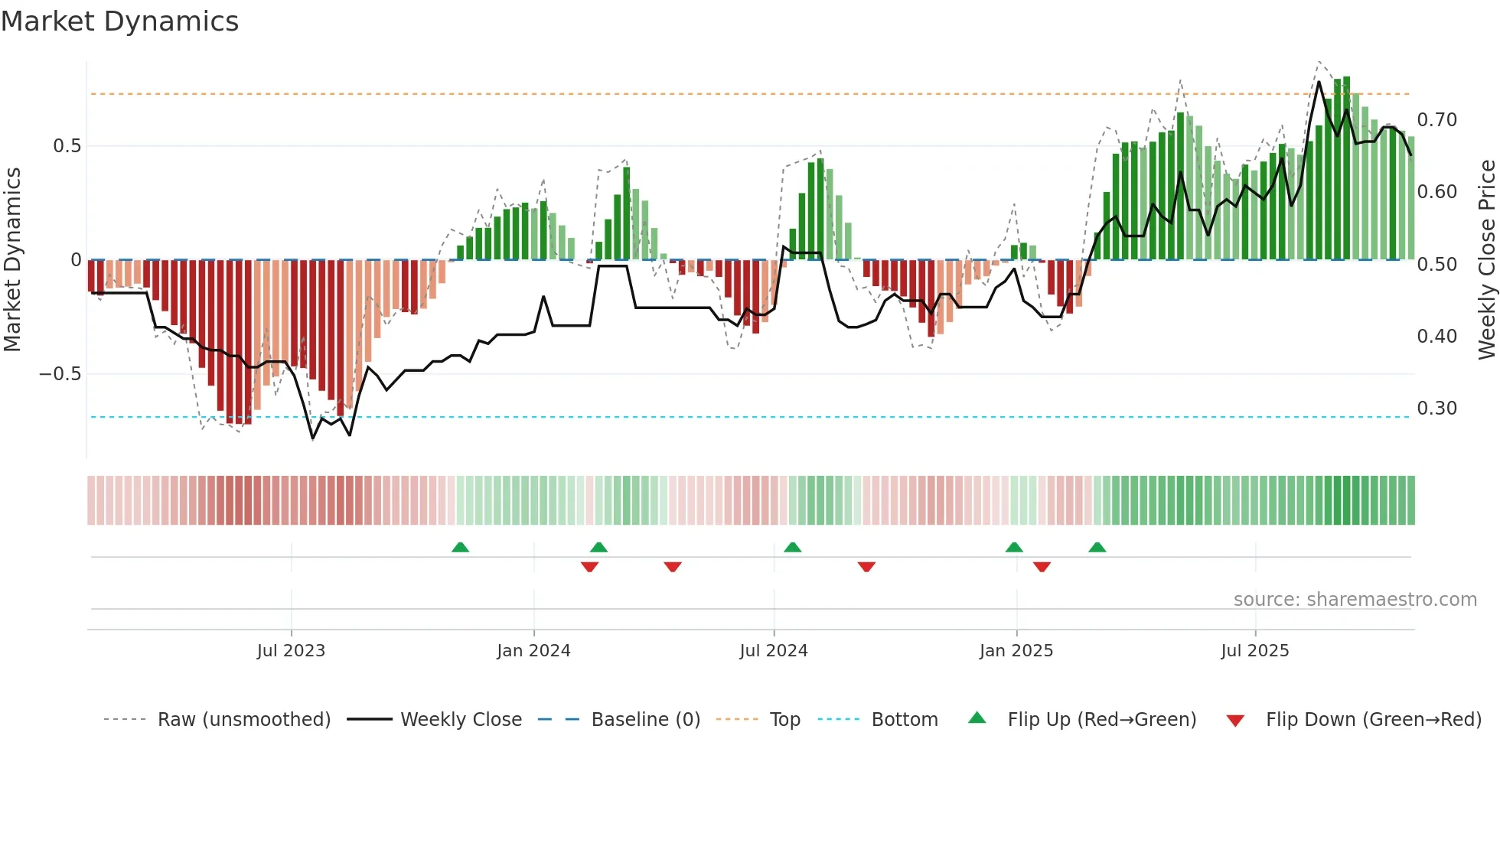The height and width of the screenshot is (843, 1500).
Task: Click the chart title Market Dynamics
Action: point(119,21)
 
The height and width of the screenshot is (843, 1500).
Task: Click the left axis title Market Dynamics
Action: point(12,259)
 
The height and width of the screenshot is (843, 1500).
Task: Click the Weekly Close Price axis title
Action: point(1486,259)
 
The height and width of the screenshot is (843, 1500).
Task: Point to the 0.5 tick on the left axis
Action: point(67,146)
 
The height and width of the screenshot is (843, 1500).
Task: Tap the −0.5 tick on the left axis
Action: point(60,374)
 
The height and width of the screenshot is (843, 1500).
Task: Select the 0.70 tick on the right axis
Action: point(1436,120)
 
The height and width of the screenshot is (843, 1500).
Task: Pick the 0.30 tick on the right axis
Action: point(1436,408)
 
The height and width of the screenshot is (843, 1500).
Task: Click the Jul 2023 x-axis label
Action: point(291,651)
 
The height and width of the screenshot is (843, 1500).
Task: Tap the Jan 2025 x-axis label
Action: point(1016,651)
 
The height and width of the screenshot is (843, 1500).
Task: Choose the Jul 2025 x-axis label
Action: point(1254,651)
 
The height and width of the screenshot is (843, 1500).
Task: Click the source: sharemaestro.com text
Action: point(1355,600)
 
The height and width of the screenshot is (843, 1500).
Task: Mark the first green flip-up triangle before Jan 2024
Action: point(460,547)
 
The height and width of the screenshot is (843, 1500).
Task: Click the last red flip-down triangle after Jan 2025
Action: point(1042,567)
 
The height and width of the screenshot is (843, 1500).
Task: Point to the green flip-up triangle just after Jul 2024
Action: point(792,547)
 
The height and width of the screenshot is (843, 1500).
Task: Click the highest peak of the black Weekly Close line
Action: point(1319,82)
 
